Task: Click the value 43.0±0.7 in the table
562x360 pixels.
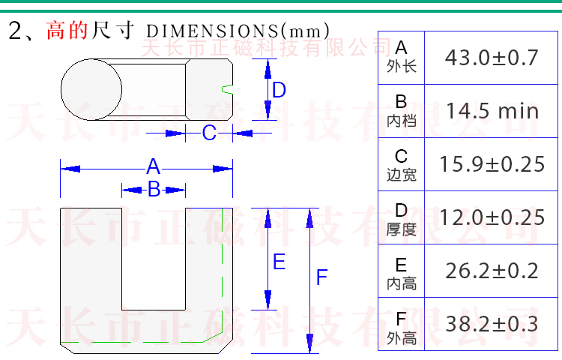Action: tap(492, 58)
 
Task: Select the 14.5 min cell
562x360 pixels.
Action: tap(492, 111)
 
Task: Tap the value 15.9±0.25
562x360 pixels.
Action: tap(492, 164)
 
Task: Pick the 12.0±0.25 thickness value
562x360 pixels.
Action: tap(492, 217)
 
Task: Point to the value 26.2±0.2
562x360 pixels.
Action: tap(492, 271)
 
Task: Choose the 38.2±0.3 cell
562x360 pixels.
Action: tap(492, 324)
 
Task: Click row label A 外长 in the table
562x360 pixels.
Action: tap(402, 57)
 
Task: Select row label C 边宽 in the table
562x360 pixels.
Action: tap(402, 165)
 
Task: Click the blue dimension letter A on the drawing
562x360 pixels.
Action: tap(153, 166)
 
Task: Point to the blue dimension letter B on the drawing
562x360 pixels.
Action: tap(154, 188)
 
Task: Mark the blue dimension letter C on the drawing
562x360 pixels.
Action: tap(209, 133)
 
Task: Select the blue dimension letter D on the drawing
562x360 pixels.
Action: tap(279, 90)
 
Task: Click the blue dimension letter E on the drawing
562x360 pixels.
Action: tap(280, 262)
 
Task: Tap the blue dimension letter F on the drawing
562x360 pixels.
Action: tap(322, 277)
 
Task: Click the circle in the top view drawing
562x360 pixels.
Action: tap(61, 90)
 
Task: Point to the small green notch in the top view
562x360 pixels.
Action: tap(227, 90)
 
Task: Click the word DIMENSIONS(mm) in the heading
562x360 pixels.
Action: tap(238, 31)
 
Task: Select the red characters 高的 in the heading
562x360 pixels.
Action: tap(67, 30)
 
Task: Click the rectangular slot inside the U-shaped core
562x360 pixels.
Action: tap(154, 259)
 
